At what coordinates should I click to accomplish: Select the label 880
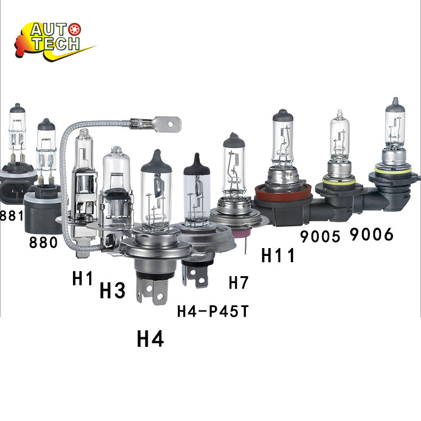(x=43, y=242)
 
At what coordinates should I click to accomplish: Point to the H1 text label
(x=83, y=279)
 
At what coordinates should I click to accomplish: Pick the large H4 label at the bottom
(x=150, y=338)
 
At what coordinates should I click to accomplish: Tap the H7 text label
(x=239, y=282)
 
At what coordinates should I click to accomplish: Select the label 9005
(x=320, y=236)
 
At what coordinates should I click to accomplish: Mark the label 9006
(x=371, y=234)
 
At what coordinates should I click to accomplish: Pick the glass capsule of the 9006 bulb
(x=395, y=127)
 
